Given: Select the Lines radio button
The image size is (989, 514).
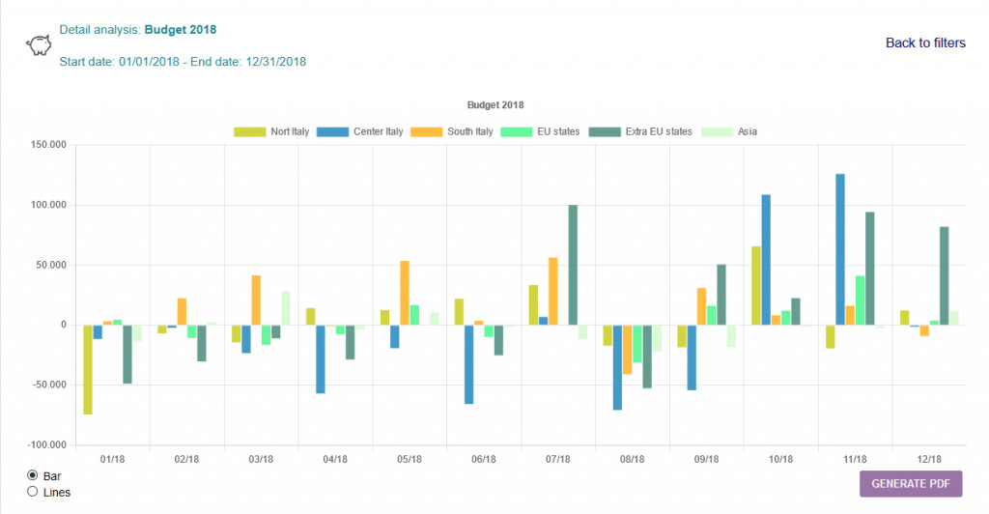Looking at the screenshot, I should [33, 492].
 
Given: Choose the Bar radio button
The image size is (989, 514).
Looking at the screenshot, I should [33, 475].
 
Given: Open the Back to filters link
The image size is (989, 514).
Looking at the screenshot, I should [925, 43].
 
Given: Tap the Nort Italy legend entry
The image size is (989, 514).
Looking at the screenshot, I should [271, 131].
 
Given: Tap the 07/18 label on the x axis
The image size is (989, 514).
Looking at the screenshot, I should [558, 459].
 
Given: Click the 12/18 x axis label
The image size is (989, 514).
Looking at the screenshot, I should [929, 459].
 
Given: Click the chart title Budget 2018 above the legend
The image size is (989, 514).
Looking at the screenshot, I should [494, 104].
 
